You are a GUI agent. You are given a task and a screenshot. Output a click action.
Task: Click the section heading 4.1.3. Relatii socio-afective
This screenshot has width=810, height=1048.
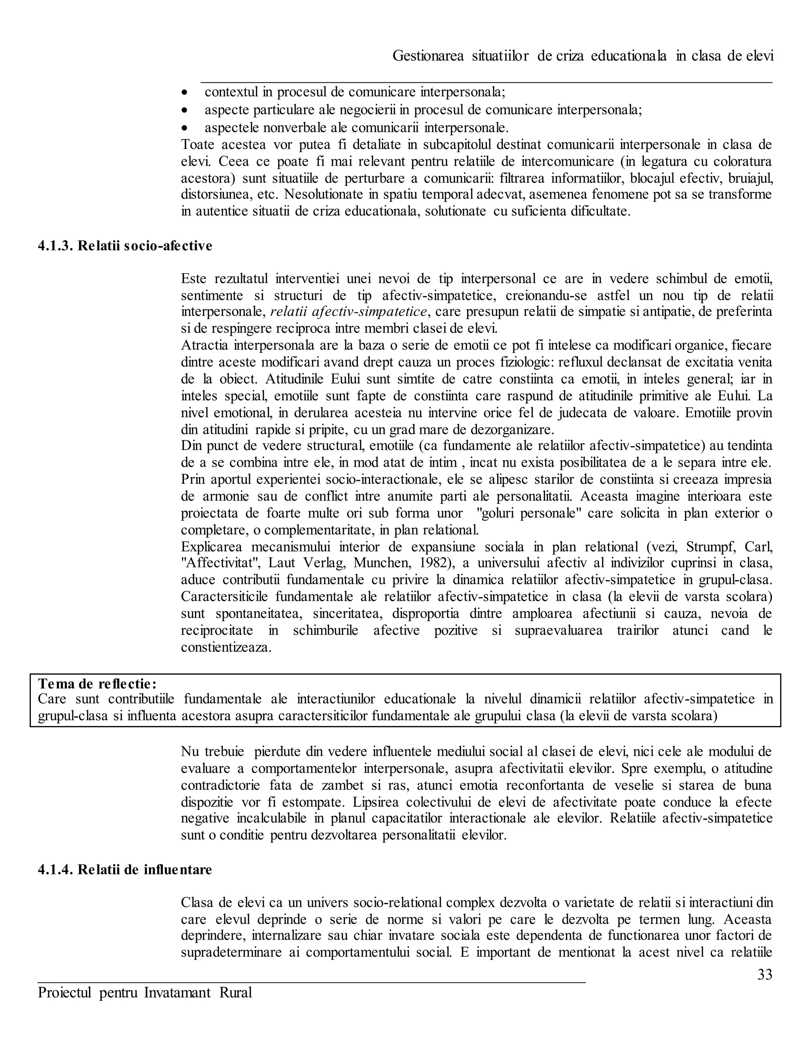point(125,246)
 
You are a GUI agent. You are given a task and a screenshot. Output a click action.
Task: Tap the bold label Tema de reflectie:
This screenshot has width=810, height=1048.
point(97,683)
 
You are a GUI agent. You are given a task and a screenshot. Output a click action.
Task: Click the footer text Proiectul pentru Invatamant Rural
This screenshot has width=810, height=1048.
point(145,992)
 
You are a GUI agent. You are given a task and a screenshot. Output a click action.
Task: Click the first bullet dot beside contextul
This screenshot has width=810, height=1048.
point(185,92)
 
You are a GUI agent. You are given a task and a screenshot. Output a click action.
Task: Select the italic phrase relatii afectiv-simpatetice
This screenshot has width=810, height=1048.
point(348,312)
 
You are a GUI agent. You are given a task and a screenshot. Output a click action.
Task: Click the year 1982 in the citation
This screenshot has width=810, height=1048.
point(454,563)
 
